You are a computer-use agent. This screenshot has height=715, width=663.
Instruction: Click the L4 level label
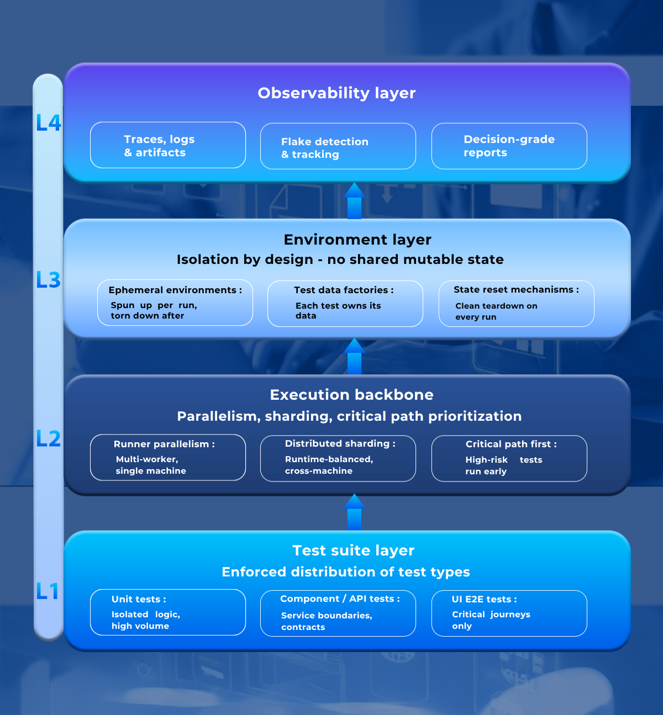pyautogui.click(x=48, y=123)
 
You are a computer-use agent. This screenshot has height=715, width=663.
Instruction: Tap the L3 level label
pyautogui.click(x=48, y=280)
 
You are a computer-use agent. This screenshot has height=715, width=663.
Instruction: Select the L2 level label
pyautogui.click(x=48, y=439)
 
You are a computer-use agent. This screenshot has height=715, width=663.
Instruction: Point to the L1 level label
pyautogui.click(x=48, y=591)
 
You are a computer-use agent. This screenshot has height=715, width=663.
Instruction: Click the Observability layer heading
pyautogui.click(x=336, y=93)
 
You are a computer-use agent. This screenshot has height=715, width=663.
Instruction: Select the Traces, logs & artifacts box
pyautogui.click(x=168, y=145)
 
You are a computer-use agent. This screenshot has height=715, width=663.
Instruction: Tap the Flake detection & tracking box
pyautogui.click(x=338, y=146)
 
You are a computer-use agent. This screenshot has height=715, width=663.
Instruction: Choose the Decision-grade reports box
pyautogui.click(x=509, y=146)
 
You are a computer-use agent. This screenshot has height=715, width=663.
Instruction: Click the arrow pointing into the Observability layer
pyautogui.click(x=354, y=201)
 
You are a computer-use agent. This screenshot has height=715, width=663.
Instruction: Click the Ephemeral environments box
pyautogui.click(x=175, y=303)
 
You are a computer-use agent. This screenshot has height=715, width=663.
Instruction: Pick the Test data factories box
pyautogui.click(x=345, y=304)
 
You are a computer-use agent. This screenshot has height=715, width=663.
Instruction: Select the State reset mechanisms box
pyautogui.click(x=516, y=304)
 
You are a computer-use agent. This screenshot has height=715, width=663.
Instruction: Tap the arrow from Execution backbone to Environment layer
pyautogui.click(x=354, y=357)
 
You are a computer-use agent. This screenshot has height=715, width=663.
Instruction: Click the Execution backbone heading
pyautogui.click(x=351, y=395)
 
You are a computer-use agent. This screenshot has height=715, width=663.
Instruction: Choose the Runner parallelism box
pyautogui.click(x=168, y=458)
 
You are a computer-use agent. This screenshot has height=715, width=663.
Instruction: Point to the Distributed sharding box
pyautogui.click(x=338, y=458)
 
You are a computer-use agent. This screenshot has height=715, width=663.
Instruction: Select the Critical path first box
pyautogui.click(x=509, y=458)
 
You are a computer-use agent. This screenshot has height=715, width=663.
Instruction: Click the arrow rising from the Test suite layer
pyautogui.click(x=354, y=512)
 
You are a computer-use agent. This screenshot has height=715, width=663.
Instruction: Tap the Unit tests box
pyautogui.click(x=168, y=612)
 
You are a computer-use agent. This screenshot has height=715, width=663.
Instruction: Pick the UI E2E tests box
pyautogui.click(x=509, y=613)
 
